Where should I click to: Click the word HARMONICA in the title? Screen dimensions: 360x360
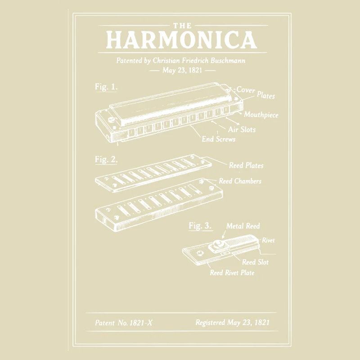[x=181, y=40]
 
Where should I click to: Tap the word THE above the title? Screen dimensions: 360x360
[x=181, y=26]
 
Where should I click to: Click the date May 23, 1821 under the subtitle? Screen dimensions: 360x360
[x=182, y=71]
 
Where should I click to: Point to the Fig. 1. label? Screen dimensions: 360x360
[x=106, y=87]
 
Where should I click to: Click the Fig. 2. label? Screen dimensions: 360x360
[x=106, y=159]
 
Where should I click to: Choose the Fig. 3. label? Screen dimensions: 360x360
[x=200, y=226]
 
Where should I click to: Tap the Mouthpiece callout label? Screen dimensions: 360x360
[x=261, y=115]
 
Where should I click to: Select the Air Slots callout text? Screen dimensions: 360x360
[x=242, y=130]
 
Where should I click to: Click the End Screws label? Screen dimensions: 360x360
[x=218, y=139]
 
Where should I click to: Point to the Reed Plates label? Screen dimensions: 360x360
[x=246, y=166]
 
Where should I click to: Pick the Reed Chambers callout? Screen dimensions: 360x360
[x=240, y=181]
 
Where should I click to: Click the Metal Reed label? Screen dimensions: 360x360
[x=243, y=226]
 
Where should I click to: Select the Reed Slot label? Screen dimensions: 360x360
[x=255, y=262]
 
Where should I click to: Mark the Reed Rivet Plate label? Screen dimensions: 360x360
[x=232, y=273]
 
